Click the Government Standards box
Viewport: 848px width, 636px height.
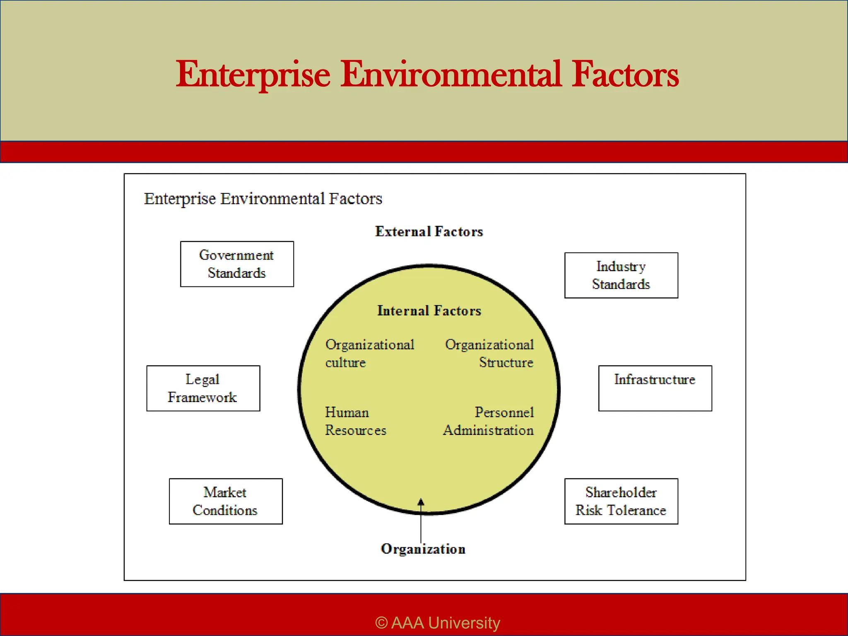pos(237,264)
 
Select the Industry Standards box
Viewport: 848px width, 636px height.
pos(621,275)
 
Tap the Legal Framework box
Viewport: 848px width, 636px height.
pos(203,388)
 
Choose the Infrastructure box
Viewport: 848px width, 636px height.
pos(655,388)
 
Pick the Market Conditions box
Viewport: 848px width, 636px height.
pos(226,501)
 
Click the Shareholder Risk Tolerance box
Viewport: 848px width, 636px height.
pos(621,501)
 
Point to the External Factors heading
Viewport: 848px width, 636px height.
pos(429,231)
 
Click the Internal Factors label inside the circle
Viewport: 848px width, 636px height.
pos(429,311)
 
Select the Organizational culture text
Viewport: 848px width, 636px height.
pos(369,354)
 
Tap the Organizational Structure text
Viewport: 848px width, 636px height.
pos(489,354)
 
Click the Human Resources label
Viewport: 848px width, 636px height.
pos(355,421)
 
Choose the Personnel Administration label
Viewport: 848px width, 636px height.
pos(489,421)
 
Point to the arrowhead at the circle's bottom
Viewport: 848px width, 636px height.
pos(421,502)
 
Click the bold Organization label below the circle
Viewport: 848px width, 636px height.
pos(423,549)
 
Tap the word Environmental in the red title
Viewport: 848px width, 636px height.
pos(451,75)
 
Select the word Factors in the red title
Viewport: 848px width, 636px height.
pos(625,75)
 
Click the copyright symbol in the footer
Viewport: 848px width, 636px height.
pos(381,623)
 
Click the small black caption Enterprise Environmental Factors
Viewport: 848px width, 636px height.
pos(263,199)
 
